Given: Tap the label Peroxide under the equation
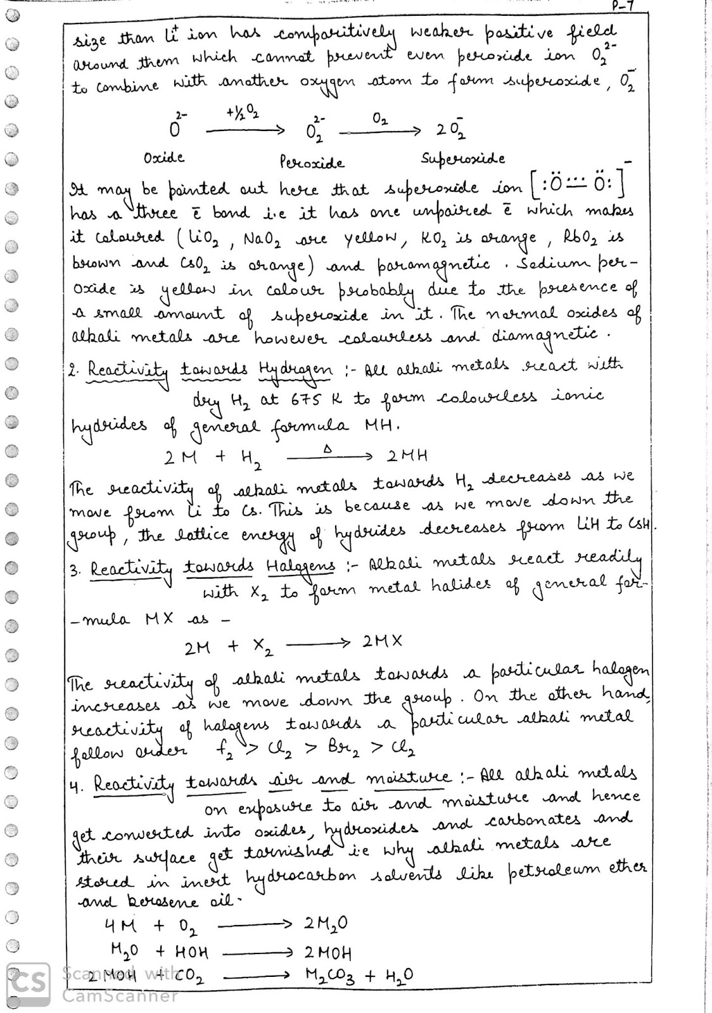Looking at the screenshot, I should pos(312,163).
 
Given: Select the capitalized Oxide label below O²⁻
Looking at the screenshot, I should pos(164,157).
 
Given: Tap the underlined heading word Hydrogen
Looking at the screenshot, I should pos(295,370).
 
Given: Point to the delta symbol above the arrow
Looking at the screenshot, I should pos(327,448).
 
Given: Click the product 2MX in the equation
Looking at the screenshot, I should pos(382,641).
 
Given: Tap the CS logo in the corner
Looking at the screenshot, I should pos(28,984).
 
